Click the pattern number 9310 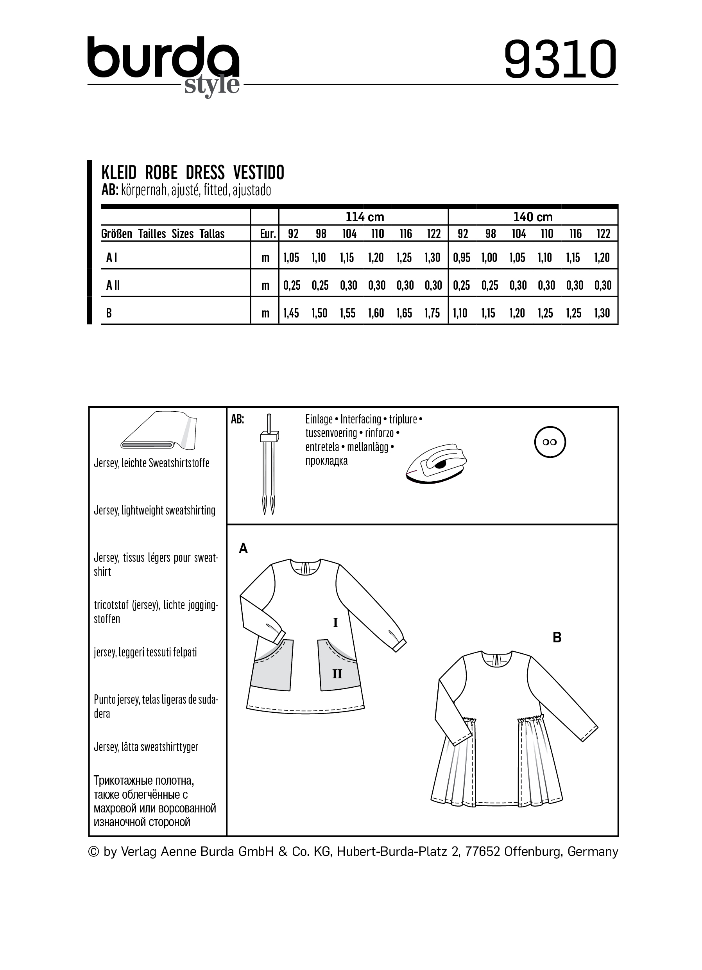(560, 59)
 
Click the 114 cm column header (364, 217)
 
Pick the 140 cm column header (533, 217)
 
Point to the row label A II (113, 285)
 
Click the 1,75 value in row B (433, 314)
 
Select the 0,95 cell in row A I (462, 258)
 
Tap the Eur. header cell (267, 234)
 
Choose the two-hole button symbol (550, 442)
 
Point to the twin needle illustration (269, 464)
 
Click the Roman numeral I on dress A (335, 623)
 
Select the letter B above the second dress (557, 638)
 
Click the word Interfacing (360, 419)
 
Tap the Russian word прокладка (326, 461)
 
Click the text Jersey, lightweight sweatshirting (154, 510)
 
